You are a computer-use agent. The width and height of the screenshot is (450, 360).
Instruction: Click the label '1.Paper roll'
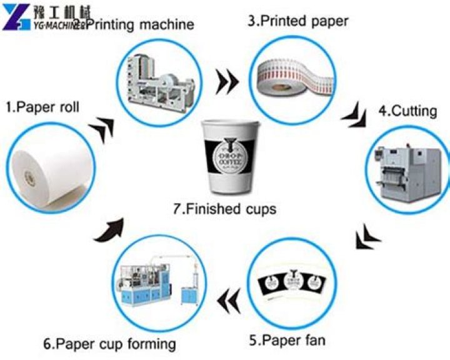(x=42, y=107)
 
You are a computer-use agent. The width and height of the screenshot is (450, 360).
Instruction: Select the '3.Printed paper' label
(x=298, y=21)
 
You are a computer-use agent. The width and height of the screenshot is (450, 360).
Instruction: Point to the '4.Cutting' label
(x=407, y=111)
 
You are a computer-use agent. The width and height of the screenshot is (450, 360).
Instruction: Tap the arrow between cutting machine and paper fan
(x=367, y=236)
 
